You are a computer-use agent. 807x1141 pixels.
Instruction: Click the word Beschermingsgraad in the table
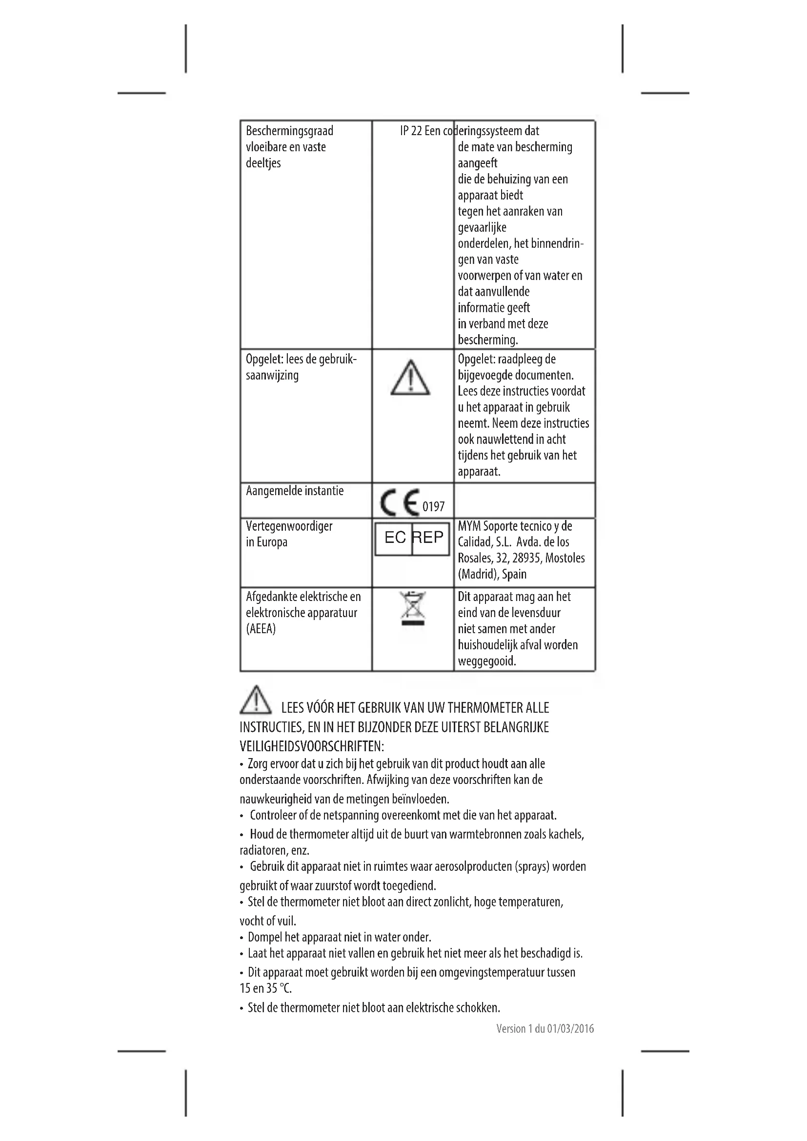click(290, 131)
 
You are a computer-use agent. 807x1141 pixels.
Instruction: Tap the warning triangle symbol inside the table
click(410, 379)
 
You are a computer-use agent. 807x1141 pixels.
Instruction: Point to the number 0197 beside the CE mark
click(433, 507)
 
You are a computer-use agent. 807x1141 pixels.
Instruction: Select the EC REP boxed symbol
click(412, 538)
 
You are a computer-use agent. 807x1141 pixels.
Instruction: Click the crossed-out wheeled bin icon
click(413, 608)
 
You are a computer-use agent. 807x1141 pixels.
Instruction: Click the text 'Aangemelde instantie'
click(295, 491)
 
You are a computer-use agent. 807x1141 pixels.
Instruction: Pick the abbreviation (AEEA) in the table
click(261, 629)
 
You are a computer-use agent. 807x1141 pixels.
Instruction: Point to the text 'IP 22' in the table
click(411, 131)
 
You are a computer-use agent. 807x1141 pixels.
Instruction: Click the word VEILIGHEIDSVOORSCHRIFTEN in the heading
click(312, 746)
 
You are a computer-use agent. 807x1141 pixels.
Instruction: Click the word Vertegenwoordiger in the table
click(289, 526)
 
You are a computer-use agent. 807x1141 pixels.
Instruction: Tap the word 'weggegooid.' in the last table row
click(487, 661)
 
